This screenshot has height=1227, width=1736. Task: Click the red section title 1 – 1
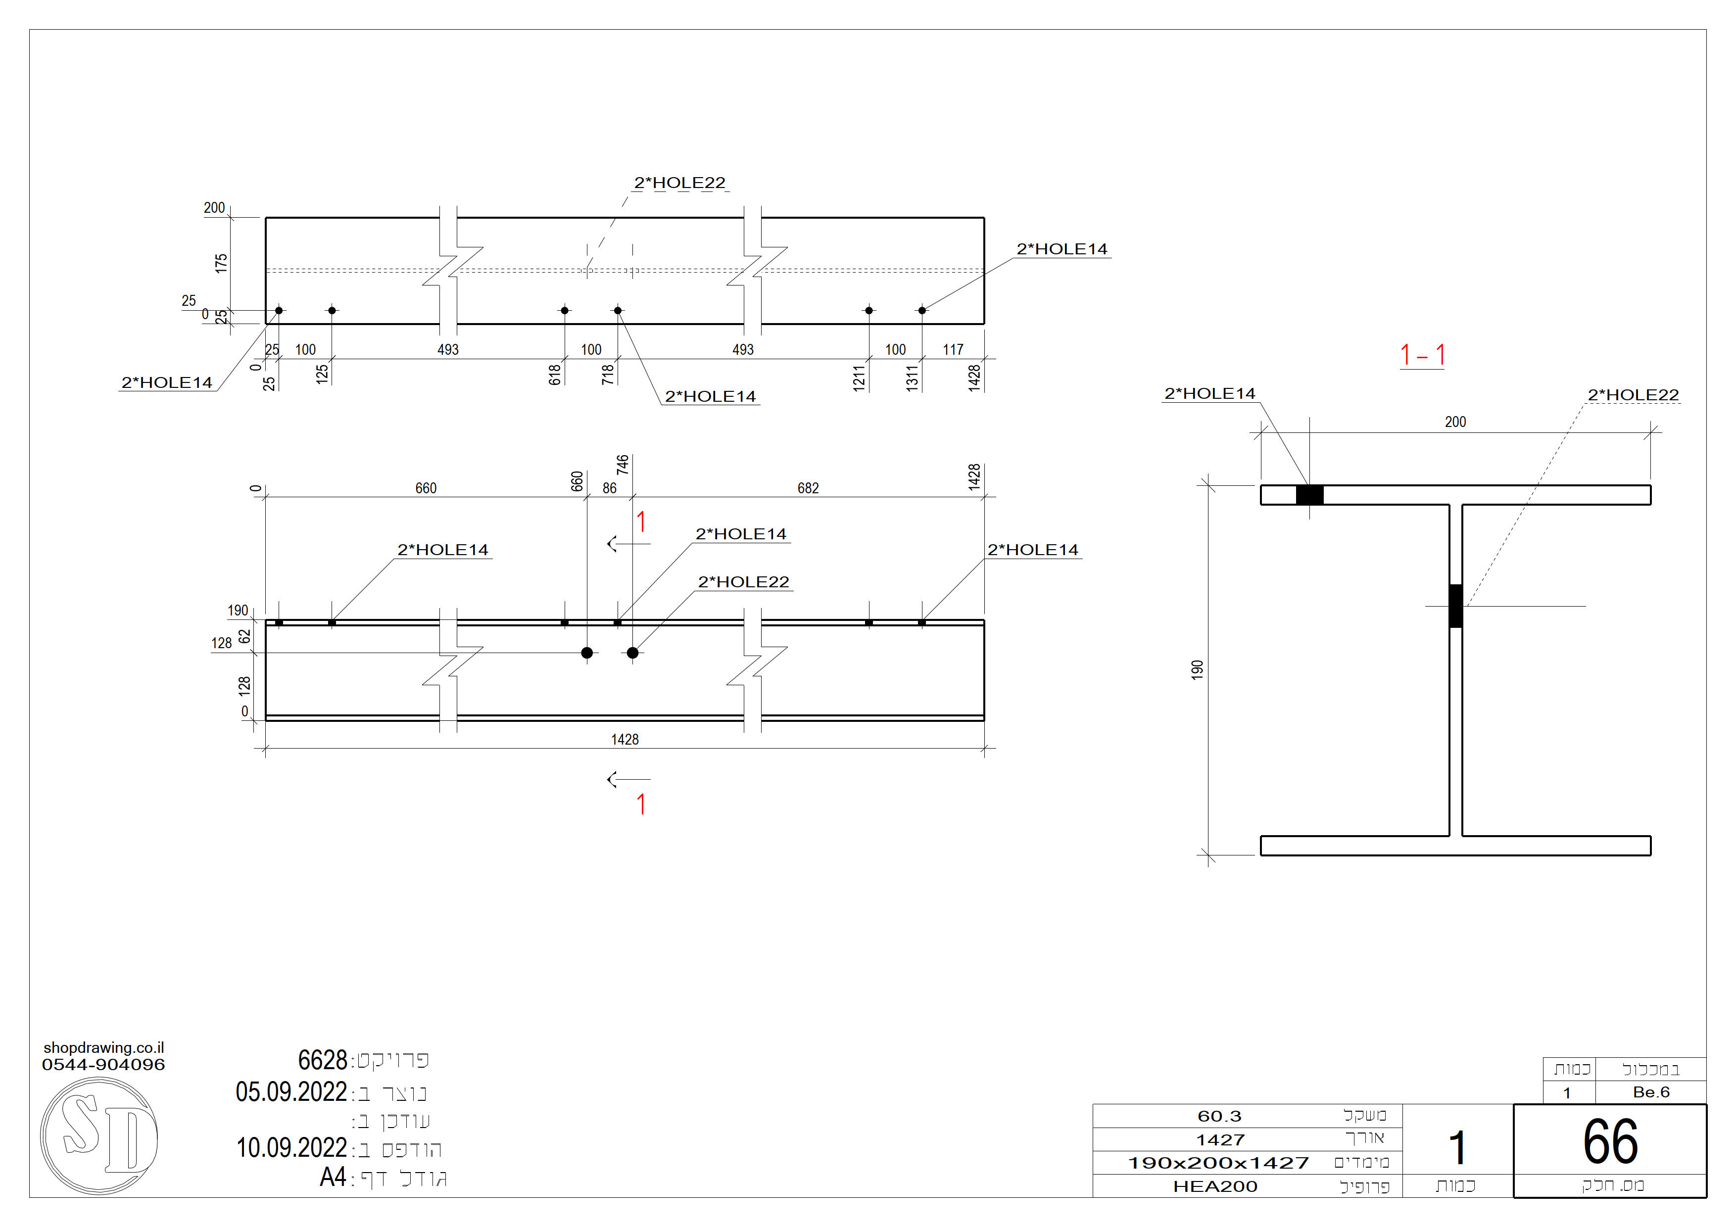1422,355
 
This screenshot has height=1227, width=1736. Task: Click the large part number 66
1610,1141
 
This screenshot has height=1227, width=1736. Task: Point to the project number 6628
322,1060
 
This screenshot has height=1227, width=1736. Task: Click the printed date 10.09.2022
291,1148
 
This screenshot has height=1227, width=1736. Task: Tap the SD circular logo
99,1136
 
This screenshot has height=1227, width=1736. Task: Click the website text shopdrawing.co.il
103,1048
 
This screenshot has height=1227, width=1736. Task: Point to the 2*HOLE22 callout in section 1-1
1633,395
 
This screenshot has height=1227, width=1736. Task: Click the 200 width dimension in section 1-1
1455,422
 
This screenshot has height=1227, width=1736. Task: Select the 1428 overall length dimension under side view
625,739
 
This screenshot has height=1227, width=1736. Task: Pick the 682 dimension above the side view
808,488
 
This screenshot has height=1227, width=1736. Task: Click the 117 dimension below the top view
953,350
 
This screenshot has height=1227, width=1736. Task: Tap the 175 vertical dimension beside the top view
221,263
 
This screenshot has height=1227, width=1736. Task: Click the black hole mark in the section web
1455,606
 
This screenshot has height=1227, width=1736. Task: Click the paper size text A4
333,1177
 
